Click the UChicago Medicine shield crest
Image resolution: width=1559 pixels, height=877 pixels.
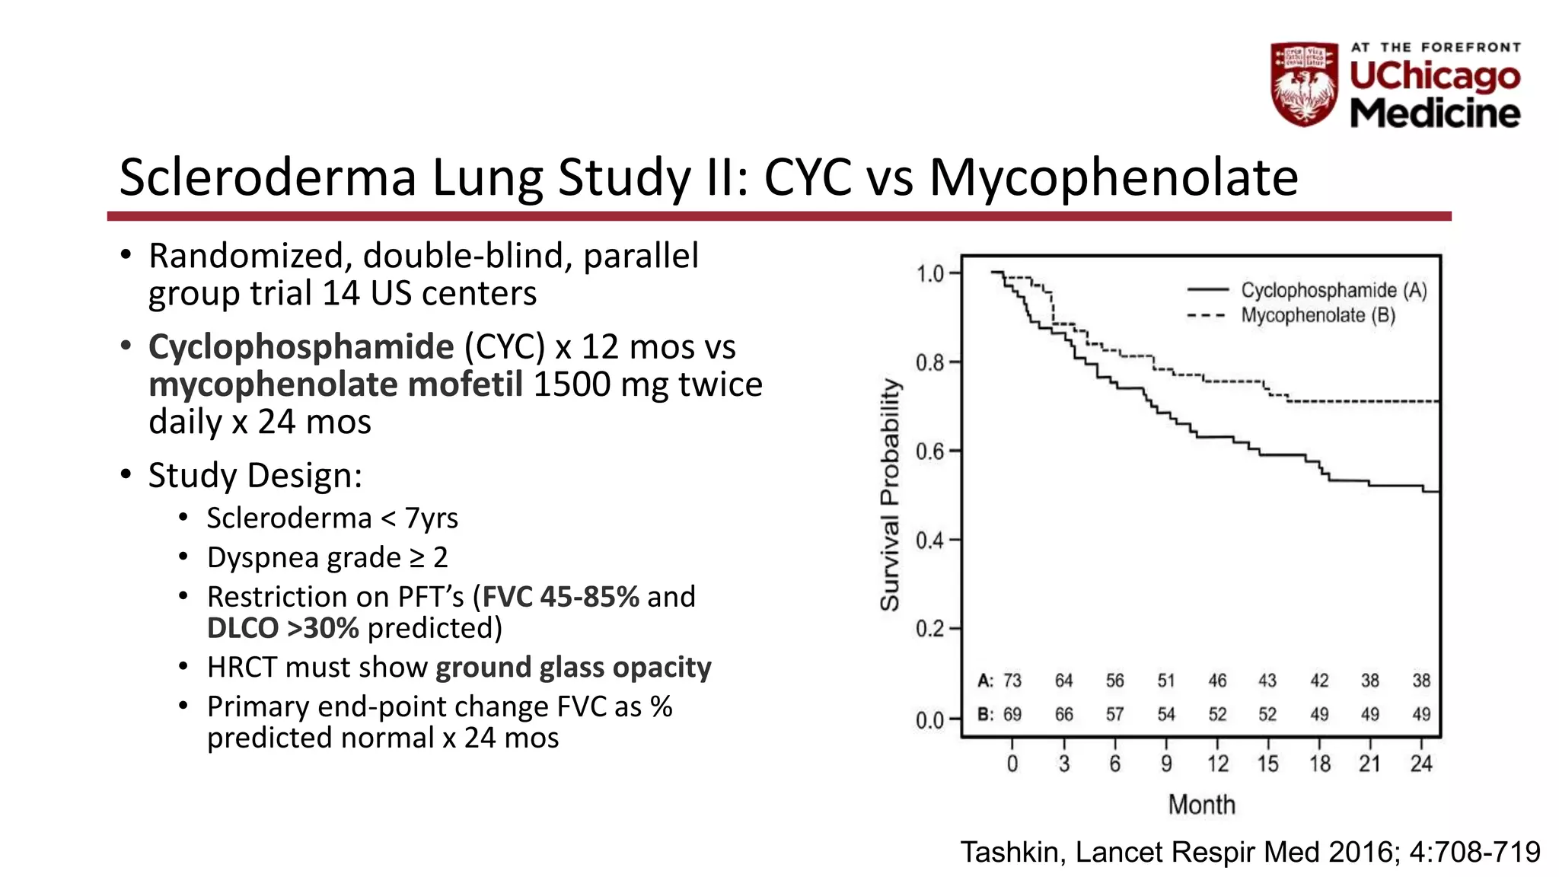pos(1304,84)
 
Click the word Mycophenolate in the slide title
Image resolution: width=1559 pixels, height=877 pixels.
pos(1113,178)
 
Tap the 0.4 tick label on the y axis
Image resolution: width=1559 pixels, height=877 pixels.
pos(930,541)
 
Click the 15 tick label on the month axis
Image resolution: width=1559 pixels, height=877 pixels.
pos(1267,764)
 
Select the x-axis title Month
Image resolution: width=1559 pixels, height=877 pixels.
pos(1201,805)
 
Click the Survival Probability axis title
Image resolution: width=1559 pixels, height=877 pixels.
pos(890,495)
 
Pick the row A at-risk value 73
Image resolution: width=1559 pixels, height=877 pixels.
pos(1012,681)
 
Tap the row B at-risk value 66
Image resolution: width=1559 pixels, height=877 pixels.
pos(1063,715)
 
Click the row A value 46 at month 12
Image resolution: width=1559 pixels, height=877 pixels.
pos(1217,681)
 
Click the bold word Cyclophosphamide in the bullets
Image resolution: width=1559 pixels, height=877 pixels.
pos(301,347)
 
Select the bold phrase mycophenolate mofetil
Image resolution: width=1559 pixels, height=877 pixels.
pos(336,384)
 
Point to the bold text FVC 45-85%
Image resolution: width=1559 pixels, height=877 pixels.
pos(561,597)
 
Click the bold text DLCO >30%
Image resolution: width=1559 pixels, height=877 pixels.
pos(282,628)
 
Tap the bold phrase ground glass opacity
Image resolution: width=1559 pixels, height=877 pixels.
pos(573,668)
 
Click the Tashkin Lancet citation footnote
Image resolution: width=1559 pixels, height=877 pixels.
pos(1250,852)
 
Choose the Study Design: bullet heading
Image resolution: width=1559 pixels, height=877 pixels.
pos(255,476)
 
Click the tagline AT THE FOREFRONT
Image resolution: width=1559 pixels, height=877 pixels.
pos(1436,47)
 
